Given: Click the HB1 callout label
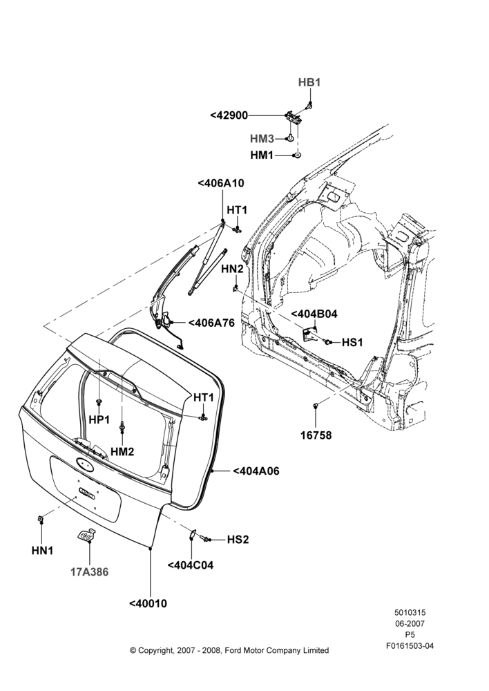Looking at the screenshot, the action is click(x=309, y=82).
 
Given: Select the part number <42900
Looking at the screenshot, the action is click(x=229, y=115).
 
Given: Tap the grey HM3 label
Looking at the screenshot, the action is click(x=262, y=139).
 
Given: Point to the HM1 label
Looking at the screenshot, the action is click(x=262, y=155).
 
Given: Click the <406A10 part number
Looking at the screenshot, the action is click(x=221, y=183).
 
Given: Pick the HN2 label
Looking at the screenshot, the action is click(x=232, y=268).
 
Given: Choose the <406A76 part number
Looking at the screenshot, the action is click(x=211, y=323).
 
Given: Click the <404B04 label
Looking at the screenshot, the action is click(x=314, y=314).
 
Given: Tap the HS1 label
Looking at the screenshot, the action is click(x=352, y=343).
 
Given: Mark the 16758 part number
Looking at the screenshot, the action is click(x=316, y=435).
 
